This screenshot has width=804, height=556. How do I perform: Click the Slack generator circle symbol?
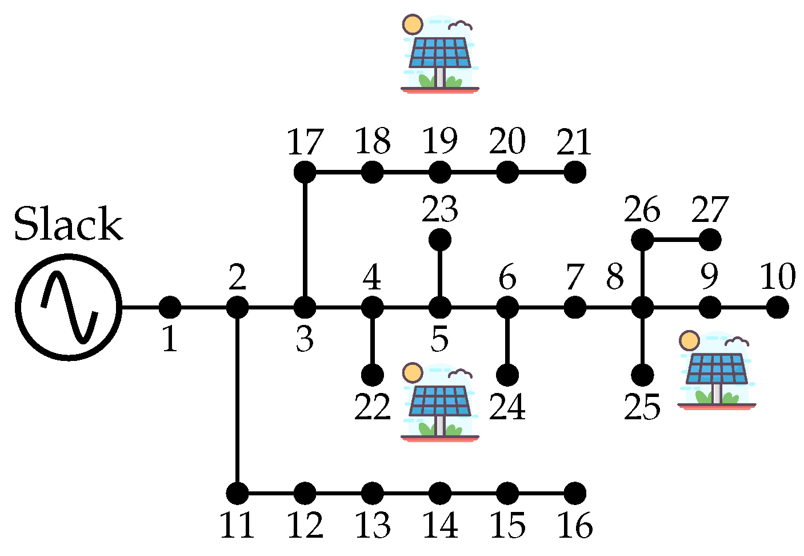coord(69,308)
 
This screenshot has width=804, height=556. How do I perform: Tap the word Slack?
coord(69,224)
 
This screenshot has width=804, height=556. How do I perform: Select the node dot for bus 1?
coord(170,308)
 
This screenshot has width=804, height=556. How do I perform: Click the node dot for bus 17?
coord(305,172)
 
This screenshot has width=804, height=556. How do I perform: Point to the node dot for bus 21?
coord(575,172)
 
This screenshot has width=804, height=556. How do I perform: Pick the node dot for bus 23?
coord(439,240)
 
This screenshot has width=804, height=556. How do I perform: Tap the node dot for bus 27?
coord(710,240)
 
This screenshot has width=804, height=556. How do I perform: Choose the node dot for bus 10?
coord(777,308)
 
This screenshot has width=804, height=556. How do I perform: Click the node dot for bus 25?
coord(642,375)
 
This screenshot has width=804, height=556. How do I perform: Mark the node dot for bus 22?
coord(372,375)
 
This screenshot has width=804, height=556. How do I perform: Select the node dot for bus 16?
coord(575,493)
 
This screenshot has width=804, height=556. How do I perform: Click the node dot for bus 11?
coord(237,493)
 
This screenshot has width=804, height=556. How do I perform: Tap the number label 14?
coord(439,526)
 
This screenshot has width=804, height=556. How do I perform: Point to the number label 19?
coord(439,141)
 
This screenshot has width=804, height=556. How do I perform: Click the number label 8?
coord(615,277)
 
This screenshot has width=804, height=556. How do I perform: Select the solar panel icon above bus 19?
coord(439,54)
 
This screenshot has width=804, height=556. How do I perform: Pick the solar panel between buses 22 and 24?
coord(439,402)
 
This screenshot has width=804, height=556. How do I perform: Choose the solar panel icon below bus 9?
coord(717,371)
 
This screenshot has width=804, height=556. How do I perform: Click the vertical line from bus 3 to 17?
coord(305,240)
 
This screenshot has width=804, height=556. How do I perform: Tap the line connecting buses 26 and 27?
coord(677,240)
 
